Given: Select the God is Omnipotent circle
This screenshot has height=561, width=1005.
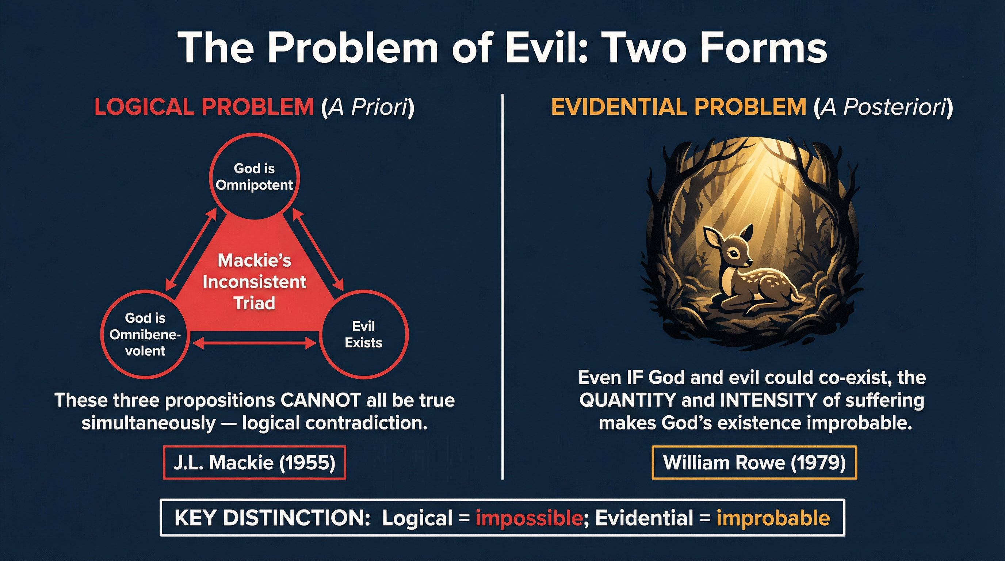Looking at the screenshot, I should [255, 177].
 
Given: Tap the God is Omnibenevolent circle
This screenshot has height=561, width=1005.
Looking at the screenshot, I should [145, 334].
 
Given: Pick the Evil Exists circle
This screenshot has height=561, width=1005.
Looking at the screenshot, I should [363, 334].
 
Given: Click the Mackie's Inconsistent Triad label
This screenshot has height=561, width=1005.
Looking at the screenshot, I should [255, 282].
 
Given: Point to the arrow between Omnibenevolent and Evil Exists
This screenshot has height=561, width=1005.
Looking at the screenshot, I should [255, 343].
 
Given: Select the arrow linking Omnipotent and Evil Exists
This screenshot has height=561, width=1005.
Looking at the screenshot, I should [318, 249].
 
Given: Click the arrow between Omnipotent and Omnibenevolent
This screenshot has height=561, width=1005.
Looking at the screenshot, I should [191, 249].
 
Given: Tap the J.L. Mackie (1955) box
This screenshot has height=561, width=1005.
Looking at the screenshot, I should [255, 462].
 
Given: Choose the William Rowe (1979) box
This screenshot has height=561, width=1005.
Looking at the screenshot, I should [754, 462].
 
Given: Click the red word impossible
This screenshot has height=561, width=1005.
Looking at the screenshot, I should [529, 518].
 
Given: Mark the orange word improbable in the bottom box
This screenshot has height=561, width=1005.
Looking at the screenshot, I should [773, 518].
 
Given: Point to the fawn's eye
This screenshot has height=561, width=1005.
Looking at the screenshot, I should [734, 254].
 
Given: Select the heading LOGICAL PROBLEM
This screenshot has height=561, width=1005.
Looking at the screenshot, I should [204, 107].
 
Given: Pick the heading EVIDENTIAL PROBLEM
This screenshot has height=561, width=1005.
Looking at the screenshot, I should [679, 107].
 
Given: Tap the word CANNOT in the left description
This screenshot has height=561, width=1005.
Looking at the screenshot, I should [320, 400].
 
